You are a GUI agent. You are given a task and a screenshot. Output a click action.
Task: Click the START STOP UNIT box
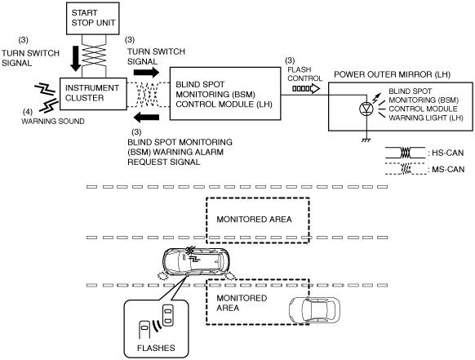point(93,18)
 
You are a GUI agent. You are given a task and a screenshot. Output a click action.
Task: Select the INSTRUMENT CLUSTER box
point(93,94)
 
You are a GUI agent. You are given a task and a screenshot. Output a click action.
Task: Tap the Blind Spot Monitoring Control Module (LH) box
point(225,94)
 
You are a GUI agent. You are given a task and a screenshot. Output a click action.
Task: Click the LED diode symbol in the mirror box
point(366,109)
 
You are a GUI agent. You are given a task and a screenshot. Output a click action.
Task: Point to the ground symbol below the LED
point(366,140)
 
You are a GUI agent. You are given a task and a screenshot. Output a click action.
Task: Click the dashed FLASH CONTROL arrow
point(306,89)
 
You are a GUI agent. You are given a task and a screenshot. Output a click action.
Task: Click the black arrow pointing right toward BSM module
point(146,73)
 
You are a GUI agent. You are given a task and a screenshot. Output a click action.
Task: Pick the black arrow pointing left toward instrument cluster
point(146,118)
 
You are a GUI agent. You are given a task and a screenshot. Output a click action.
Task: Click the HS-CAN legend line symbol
point(405,153)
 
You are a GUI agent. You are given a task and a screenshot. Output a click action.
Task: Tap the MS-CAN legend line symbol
point(405,169)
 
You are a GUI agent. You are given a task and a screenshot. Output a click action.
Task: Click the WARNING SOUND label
point(53,121)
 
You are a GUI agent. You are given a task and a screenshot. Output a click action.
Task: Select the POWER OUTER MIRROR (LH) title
point(393,74)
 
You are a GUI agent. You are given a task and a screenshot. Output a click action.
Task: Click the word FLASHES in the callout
point(156,348)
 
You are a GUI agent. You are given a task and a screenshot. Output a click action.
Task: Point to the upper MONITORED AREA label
point(254,220)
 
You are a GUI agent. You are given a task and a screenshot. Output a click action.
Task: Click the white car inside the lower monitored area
point(314,310)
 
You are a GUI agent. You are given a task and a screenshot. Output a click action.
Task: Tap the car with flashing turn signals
point(197,262)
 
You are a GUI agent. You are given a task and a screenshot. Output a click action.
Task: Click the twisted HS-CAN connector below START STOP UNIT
point(94,56)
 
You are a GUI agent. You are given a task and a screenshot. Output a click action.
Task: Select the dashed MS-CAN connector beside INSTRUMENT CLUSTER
point(149,95)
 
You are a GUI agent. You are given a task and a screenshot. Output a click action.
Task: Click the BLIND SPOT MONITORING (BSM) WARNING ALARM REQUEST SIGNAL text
point(180,152)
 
